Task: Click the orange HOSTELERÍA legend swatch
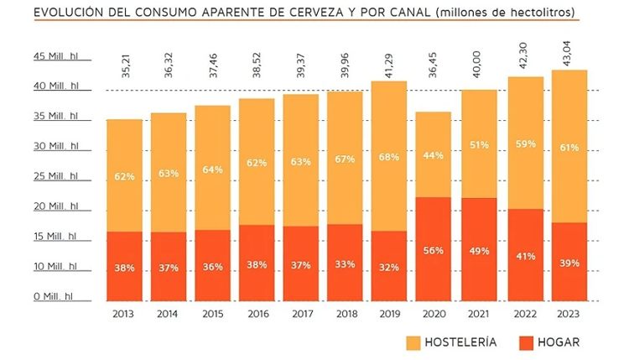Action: [x=414, y=342]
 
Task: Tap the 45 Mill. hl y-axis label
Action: [x=55, y=56]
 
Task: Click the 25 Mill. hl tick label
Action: [x=55, y=176]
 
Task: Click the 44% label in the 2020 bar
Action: [x=434, y=155]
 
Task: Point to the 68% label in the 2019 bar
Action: [x=389, y=158]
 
